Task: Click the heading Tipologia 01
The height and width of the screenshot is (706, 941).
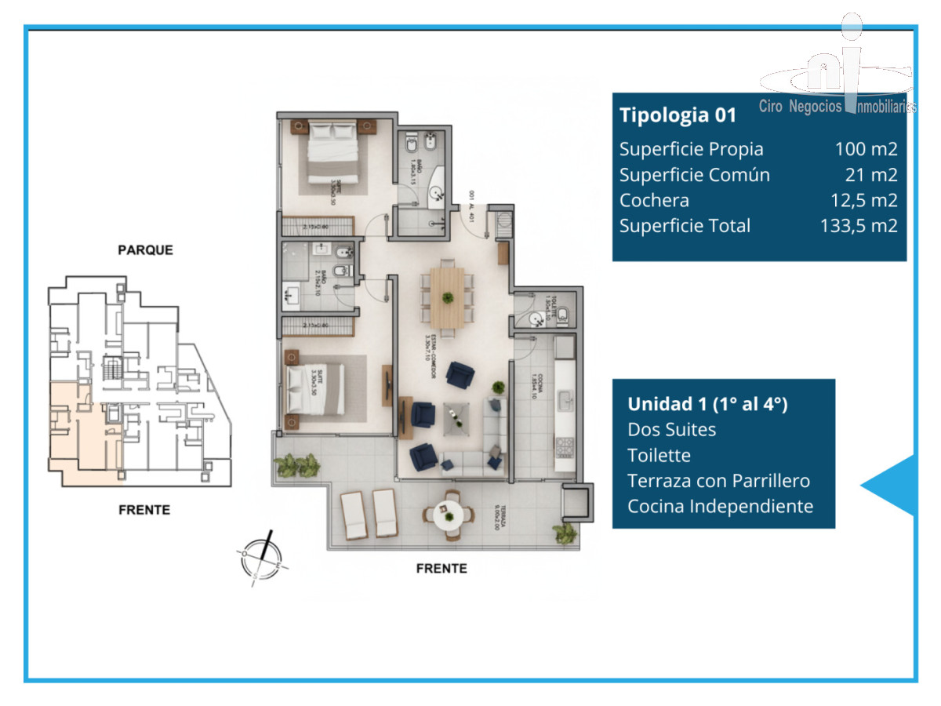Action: click(x=678, y=115)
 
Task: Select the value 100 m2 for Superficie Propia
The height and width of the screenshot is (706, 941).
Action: click(x=866, y=149)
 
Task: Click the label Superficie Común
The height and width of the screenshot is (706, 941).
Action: click(x=694, y=175)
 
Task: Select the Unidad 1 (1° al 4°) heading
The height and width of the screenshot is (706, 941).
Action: click(x=707, y=404)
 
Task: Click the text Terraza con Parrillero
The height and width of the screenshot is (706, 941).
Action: click(x=718, y=480)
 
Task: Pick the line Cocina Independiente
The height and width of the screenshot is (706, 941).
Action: click(x=720, y=506)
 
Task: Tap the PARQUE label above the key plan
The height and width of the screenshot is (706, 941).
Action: click(x=145, y=250)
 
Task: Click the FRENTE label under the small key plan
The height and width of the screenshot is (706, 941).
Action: click(x=144, y=510)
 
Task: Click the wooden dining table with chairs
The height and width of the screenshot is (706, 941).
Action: click(x=447, y=298)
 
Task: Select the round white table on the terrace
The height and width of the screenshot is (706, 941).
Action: click(x=449, y=515)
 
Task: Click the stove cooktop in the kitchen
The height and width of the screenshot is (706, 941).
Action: click(x=564, y=448)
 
